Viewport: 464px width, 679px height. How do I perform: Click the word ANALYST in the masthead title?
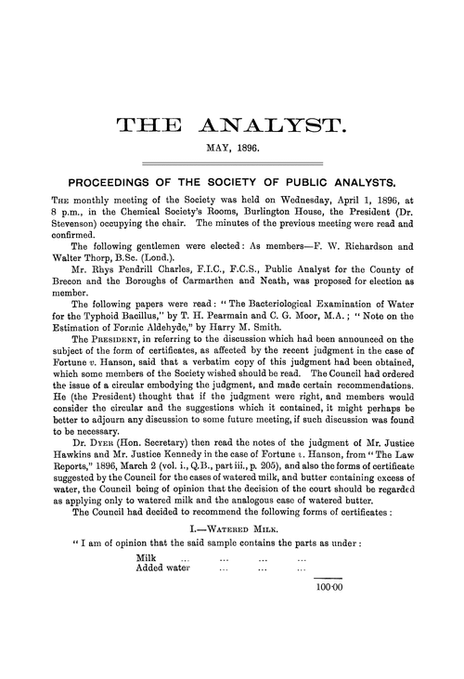(x=277, y=124)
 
